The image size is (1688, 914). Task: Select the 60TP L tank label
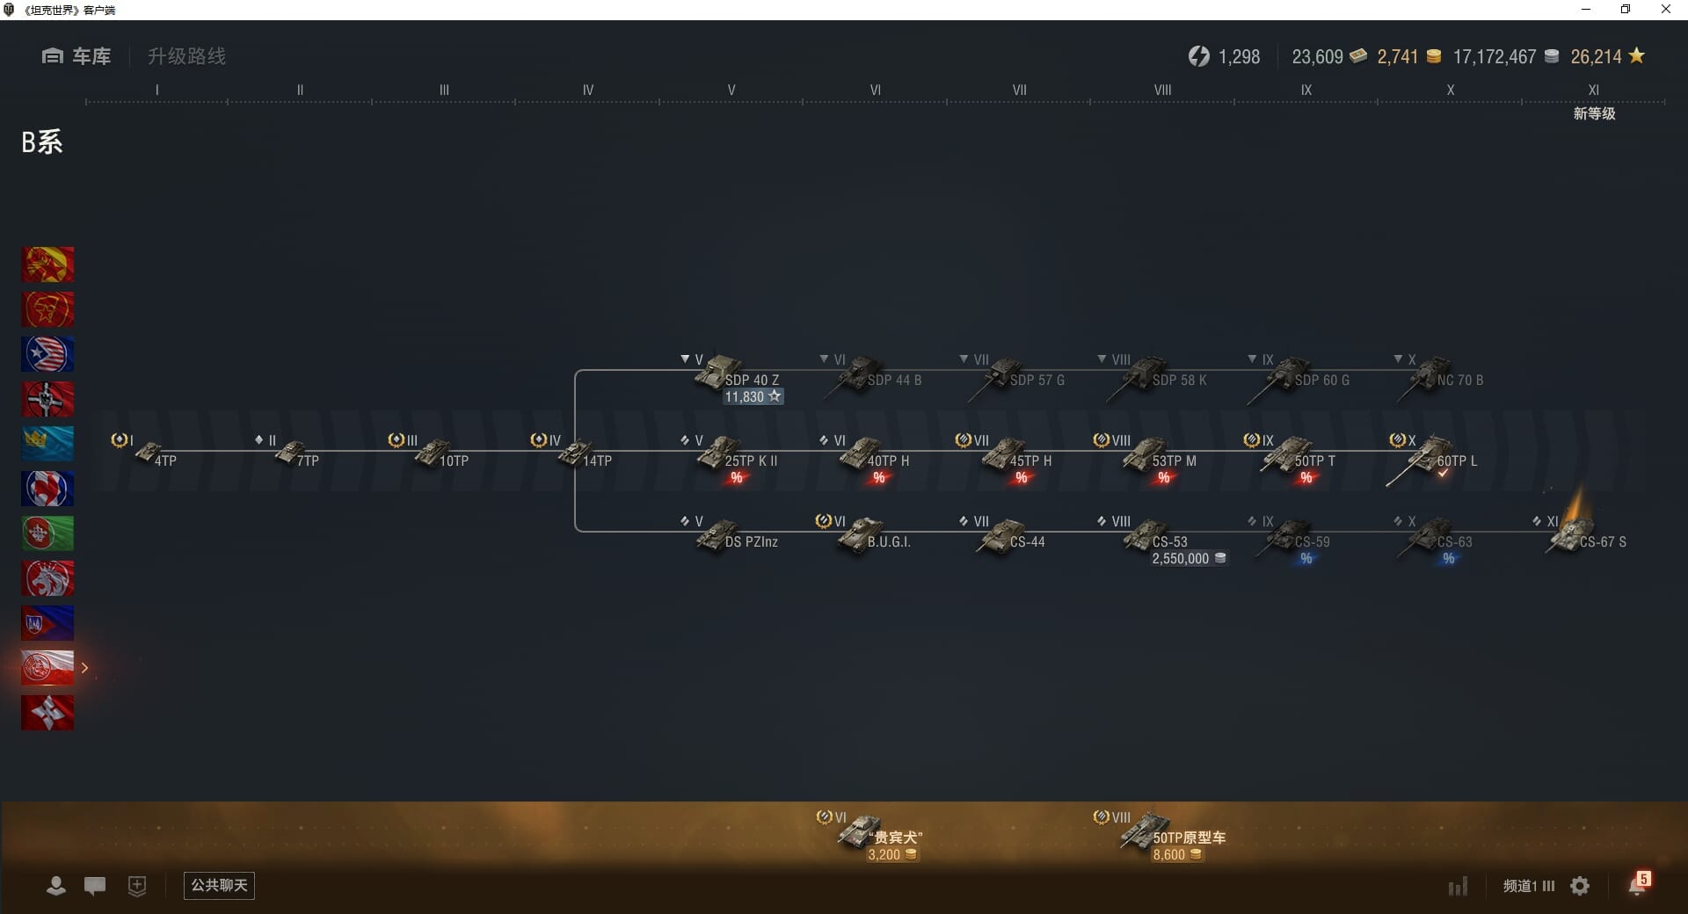pyautogui.click(x=1457, y=461)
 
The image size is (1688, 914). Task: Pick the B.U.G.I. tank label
pyautogui.click(x=889, y=542)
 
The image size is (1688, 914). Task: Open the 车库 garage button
pyautogui.click(x=76, y=56)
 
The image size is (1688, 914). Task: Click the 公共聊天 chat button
pyautogui.click(x=219, y=885)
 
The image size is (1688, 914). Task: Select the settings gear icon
pyautogui.click(x=1580, y=886)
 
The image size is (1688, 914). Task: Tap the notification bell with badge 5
pyautogui.click(x=1638, y=885)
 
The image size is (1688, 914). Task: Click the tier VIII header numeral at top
pyautogui.click(x=1162, y=90)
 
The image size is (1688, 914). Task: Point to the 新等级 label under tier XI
pyautogui.click(x=1594, y=113)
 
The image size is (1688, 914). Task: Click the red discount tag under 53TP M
pyautogui.click(x=1164, y=478)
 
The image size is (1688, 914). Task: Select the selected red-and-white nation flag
pyautogui.click(x=47, y=668)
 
